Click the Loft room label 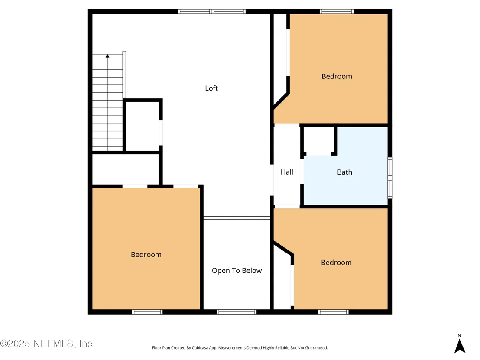click(x=211, y=88)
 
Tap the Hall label click(x=287, y=172)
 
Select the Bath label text click(x=344, y=172)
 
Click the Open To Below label click(x=237, y=271)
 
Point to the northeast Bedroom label click(x=337, y=76)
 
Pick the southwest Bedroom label click(x=146, y=255)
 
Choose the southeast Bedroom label click(x=336, y=263)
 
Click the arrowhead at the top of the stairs click(x=107, y=56)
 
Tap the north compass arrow click(x=460, y=346)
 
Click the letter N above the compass click(x=459, y=335)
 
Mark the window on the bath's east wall click(x=390, y=178)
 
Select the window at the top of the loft click(x=211, y=12)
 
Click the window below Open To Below click(x=237, y=312)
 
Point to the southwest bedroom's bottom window click(x=147, y=312)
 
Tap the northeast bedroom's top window click(x=337, y=12)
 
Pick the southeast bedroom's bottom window click(x=333, y=312)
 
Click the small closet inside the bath click(x=319, y=139)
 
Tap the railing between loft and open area click(x=237, y=218)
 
